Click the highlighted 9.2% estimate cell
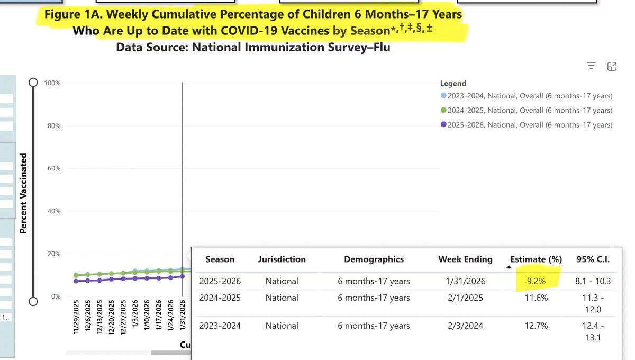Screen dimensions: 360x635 coord(536,281)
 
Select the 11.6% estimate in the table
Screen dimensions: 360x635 coord(536,298)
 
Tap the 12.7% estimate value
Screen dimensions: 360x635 coord(536,326)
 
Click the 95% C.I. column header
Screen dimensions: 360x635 coord(593,259)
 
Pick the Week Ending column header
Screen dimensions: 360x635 coord(465,259)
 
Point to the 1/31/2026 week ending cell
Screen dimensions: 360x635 coord(465,281)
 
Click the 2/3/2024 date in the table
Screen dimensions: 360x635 coord(465,326)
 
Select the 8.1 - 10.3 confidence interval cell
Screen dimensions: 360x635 coord(593,281)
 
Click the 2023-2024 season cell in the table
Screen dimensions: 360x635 coord(220,326)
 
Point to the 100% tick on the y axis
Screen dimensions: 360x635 coord(53,83)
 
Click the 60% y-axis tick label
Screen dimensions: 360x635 coord(55,168)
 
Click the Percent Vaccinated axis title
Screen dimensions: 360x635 coord(23,193)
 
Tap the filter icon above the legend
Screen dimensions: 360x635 coord(592,66)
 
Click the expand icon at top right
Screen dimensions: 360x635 coord(612,66)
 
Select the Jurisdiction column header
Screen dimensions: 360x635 coord(282,259)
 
